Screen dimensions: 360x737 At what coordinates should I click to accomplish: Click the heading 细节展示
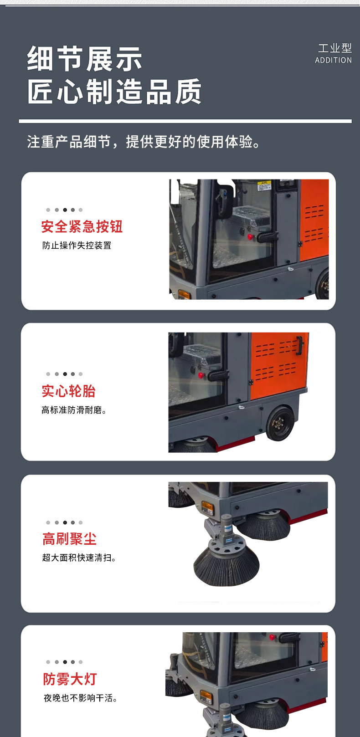click(84, 59)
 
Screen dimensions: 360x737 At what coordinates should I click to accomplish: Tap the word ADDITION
click(334, 60)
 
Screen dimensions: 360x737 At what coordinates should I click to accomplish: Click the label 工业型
click(334, 48)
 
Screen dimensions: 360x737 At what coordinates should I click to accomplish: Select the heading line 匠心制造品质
click(114, 91)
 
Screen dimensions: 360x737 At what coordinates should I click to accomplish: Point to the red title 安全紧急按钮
click(82, 227)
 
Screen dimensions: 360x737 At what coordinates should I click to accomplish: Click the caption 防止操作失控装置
click(77, 246)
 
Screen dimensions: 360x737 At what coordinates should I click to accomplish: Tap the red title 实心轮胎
click(68, 391)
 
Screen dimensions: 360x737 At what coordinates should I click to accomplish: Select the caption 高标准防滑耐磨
click(74, 410)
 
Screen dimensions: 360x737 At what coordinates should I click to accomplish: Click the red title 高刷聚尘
click(69, 539)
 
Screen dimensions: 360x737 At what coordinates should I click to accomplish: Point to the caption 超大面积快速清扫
click(79, 558)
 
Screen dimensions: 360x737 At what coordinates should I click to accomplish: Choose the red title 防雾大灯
click(70, 679)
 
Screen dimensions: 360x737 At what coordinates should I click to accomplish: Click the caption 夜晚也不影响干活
click(80, 698)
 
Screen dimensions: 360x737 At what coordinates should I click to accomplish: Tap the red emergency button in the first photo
click(251, 236)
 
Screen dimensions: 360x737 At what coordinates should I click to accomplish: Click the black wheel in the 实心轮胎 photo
click(280, 424)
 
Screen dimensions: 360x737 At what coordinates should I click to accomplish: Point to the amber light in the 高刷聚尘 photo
click(208, 508)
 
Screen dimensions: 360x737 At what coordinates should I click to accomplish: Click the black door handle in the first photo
click(267, 236)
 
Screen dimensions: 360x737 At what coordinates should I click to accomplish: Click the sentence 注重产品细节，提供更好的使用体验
click(144, 142)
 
